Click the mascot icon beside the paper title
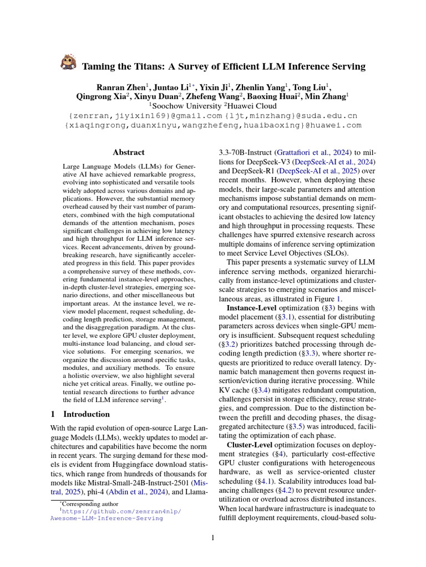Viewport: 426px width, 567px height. click(x=68, y=62)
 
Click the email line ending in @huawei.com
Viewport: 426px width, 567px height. click(x=213, y=125)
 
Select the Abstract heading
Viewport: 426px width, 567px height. click(x=129, y=152)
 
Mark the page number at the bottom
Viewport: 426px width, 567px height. click(x=213, y=538)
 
